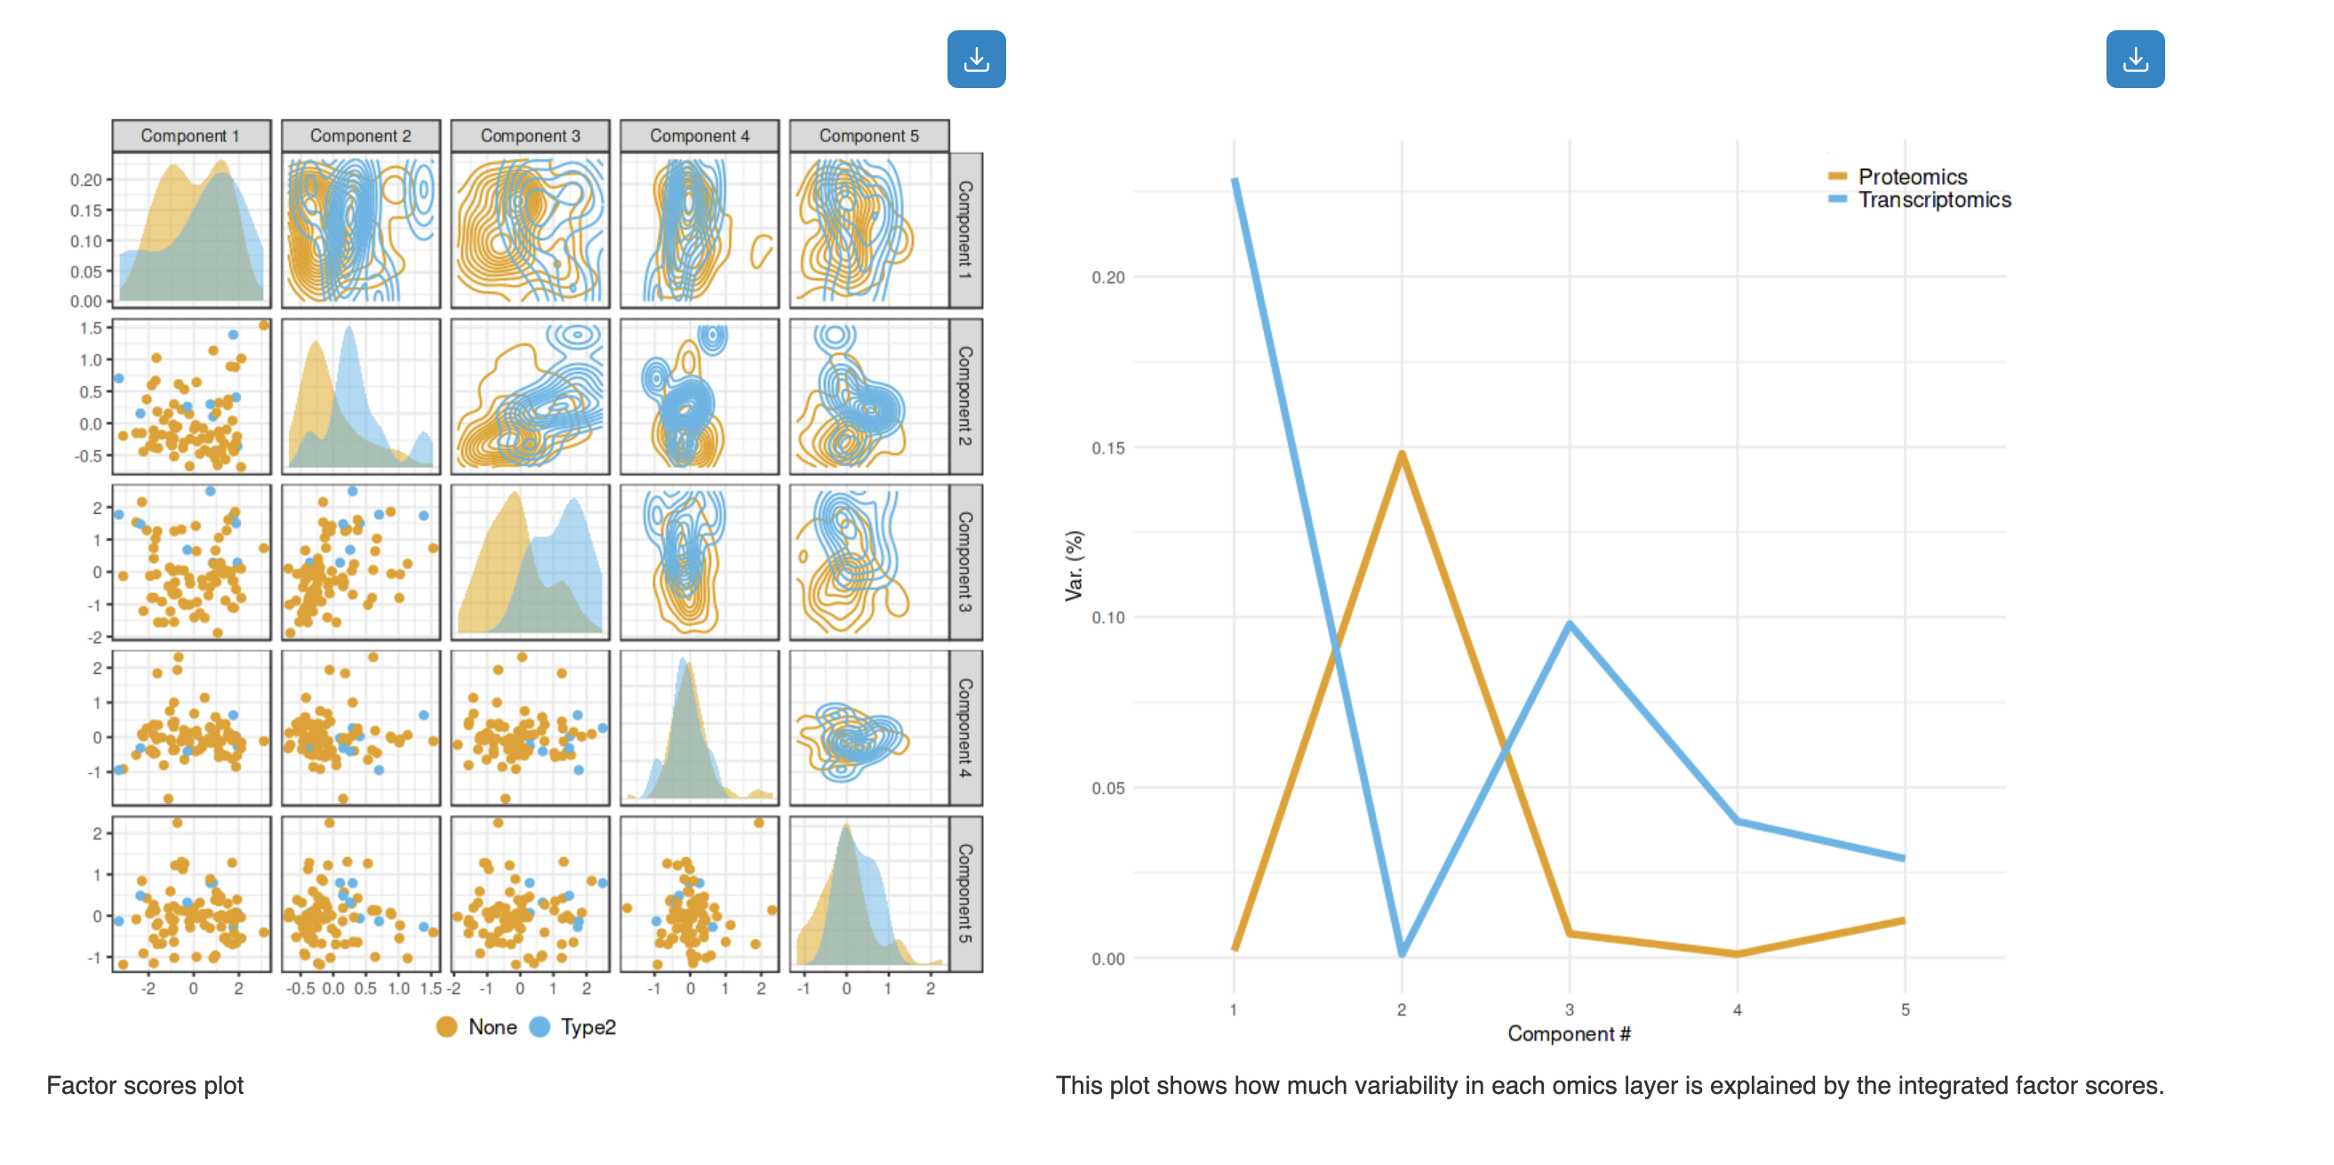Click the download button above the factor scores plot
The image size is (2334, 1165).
coord(976,60)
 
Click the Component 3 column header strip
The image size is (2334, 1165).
coord(530,136)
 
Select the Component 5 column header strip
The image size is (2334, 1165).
coord(869,136)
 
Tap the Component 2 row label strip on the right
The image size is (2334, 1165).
coord(965,397)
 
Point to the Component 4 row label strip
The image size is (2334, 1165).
coord(965,728)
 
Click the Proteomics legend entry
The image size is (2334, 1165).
coord(1912,177)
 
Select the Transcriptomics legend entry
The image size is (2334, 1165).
coord(1933,200)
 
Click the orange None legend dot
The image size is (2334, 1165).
coord(447,1027)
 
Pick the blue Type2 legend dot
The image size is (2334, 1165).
coord(540,1027)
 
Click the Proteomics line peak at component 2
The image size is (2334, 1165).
coord(1402,454)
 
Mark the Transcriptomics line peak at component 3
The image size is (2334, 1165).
coord(1570,624)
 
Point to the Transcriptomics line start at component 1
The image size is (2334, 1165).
coord(1234,181)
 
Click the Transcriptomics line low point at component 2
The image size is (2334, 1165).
coord(1402,952)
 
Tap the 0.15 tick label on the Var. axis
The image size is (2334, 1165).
coord(1107,448)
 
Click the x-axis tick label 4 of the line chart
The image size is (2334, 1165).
coord(1737,1010)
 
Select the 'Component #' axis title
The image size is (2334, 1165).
coord(1569,1034)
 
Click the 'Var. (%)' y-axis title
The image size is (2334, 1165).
coord(1075,566)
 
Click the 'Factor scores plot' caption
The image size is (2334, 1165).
coord(145,1086)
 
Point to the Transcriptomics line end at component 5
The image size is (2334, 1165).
coord(1904,857)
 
